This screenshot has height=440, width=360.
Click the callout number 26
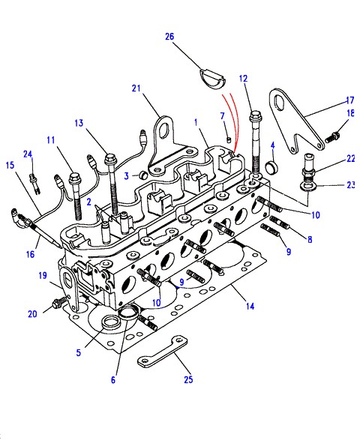coord(169,37)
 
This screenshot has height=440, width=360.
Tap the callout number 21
coord(136,88)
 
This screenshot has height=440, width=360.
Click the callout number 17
coord(350,100)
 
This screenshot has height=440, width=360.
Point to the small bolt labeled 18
coord(332,137)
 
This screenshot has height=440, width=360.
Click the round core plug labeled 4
coord(271,167)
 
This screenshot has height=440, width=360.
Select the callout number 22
coord(351,159)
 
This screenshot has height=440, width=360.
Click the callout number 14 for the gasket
coord(250,306)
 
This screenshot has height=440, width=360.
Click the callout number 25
coord(188,379)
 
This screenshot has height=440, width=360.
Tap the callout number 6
coord(113,380)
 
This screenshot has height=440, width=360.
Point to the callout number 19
coord(43,276)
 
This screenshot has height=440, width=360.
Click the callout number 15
coord(10,165)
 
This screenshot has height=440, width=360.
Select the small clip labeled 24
coord(34,183)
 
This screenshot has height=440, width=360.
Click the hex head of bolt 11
coord(74,178)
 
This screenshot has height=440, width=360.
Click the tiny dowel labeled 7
coord(229,139)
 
